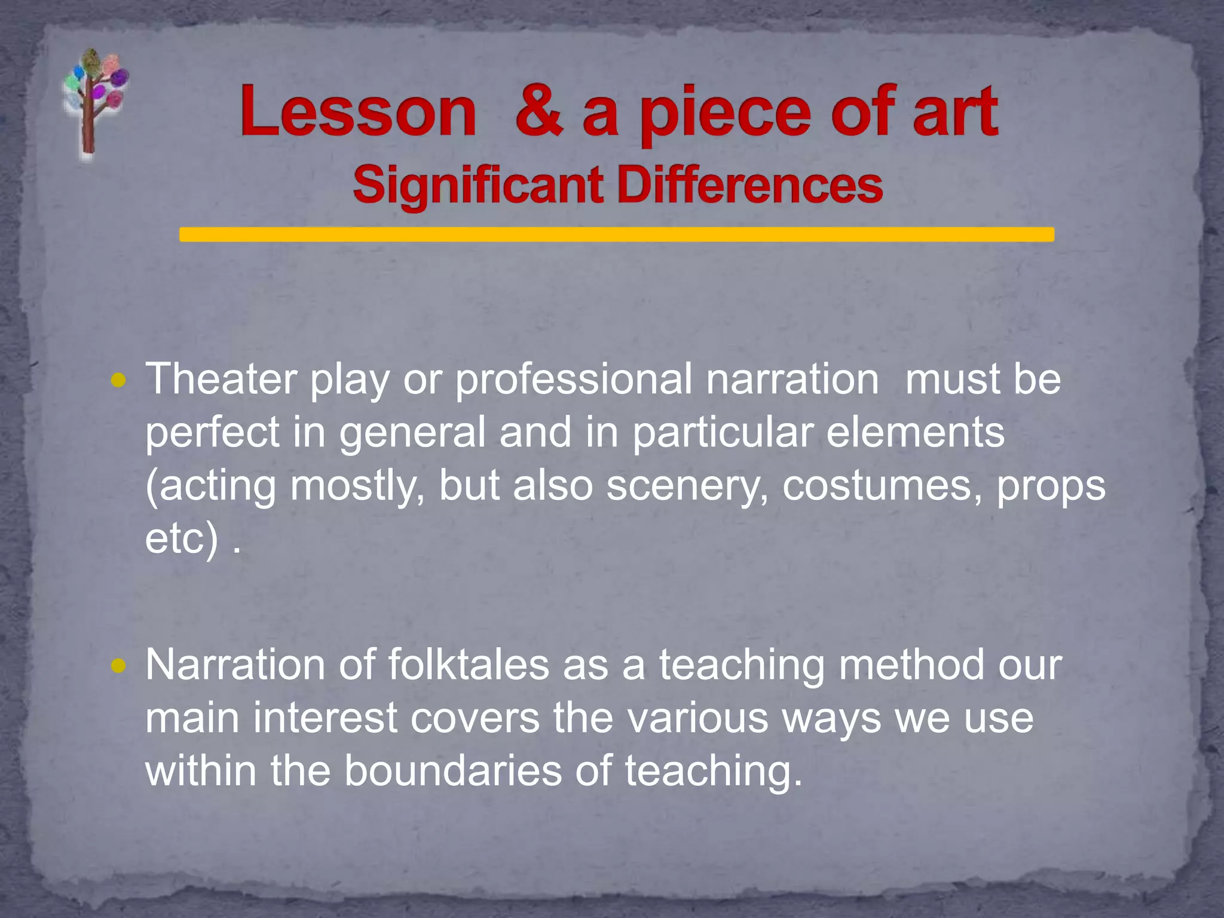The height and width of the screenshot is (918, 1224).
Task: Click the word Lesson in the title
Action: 359,112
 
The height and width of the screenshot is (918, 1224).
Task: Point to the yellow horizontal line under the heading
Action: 616,234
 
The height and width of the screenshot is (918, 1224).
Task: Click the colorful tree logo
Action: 94,102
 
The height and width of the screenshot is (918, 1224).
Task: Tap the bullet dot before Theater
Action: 118,380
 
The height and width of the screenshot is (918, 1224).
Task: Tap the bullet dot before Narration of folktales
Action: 118,665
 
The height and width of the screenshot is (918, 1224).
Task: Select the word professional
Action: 574,380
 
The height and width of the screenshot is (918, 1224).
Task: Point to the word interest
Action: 325,718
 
